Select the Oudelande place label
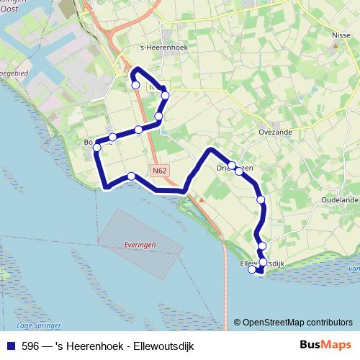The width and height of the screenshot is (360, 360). pos(339,200)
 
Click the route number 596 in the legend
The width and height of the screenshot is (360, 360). pos(30,345)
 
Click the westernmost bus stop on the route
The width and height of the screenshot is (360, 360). pos(97,148)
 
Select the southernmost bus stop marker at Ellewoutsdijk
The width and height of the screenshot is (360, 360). pos(252,270)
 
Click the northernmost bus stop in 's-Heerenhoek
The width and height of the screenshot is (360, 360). pos(135,85)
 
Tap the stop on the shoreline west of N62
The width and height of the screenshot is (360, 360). pos(131,176)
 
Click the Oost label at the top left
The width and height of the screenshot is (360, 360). pos(10,11)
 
